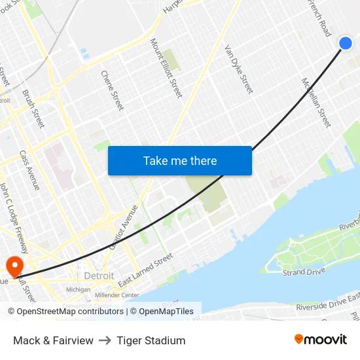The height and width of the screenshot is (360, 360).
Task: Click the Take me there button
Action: [x=180, y=160]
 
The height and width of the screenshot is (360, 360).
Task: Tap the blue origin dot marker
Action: [x=346, y=43]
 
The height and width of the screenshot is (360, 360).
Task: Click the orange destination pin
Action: [x=14, y=265]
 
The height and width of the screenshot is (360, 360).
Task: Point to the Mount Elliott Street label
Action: [x=166, y=67]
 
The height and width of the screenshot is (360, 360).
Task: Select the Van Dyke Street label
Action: [x=238, y=69]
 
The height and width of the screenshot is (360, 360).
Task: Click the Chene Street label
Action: [x=112, y=90]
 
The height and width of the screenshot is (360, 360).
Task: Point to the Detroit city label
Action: [x=99, y=276]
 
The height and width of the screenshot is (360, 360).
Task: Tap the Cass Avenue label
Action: [x=29, y=170]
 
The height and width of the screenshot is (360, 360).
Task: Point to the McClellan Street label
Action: [x=316, y=102]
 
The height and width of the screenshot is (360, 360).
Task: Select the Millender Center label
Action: [x=117, y=295]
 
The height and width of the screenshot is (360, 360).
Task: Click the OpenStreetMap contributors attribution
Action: [x=66, y=312]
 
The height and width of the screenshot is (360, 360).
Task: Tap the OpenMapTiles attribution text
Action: [x=166, y=312]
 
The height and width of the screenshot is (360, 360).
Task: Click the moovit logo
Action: [x=321, y=340]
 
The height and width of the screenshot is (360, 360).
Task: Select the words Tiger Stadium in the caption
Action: [x=151, y=340]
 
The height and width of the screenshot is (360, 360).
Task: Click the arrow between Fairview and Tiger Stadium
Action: [x=105, y=340]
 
